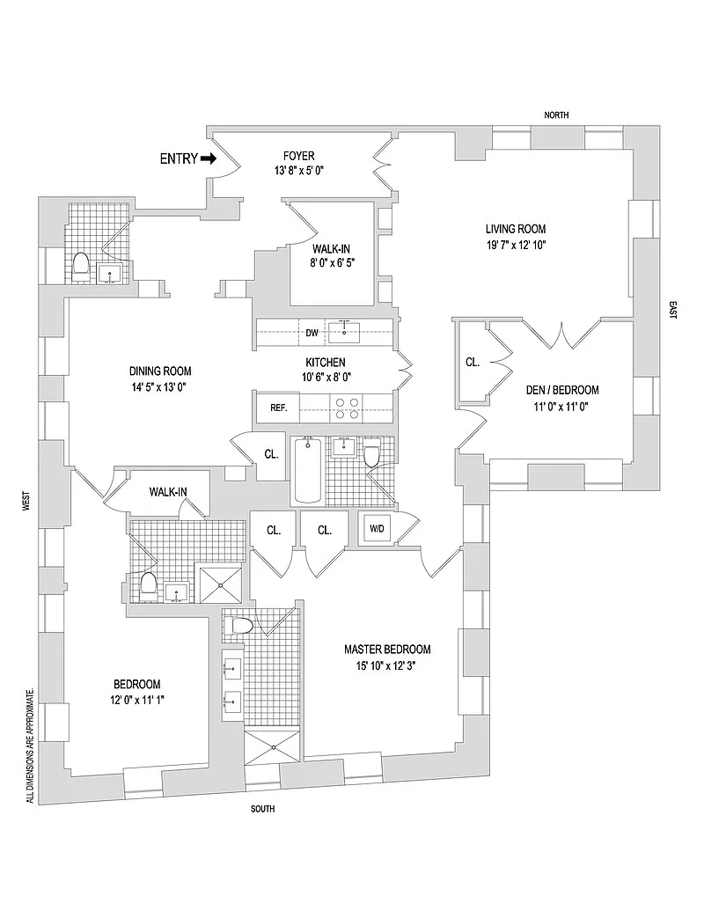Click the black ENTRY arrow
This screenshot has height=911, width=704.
(x=209, y=158)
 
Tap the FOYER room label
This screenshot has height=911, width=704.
(x=299, y=156)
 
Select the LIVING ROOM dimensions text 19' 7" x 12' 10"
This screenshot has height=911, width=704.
(x=516, y=245)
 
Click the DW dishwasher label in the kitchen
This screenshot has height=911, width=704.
(x=312, y=333)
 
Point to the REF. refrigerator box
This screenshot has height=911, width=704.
(x=278, y=408)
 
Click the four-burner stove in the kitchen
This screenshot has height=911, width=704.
(x=346, y=408)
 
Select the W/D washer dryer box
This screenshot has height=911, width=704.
(x=377, y=529)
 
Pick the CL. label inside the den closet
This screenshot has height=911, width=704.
(x=473, y=362)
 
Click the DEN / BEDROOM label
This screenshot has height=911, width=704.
(x=562, y=390)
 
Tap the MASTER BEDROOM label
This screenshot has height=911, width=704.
(x=387, y=650)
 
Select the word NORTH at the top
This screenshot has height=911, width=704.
(x=556, y=115)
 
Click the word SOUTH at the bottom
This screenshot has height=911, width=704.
(x=262, y=809)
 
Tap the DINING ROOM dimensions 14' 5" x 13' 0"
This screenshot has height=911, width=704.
(x=160, y=387)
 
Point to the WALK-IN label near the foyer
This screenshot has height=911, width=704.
(x=331, y=249)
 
